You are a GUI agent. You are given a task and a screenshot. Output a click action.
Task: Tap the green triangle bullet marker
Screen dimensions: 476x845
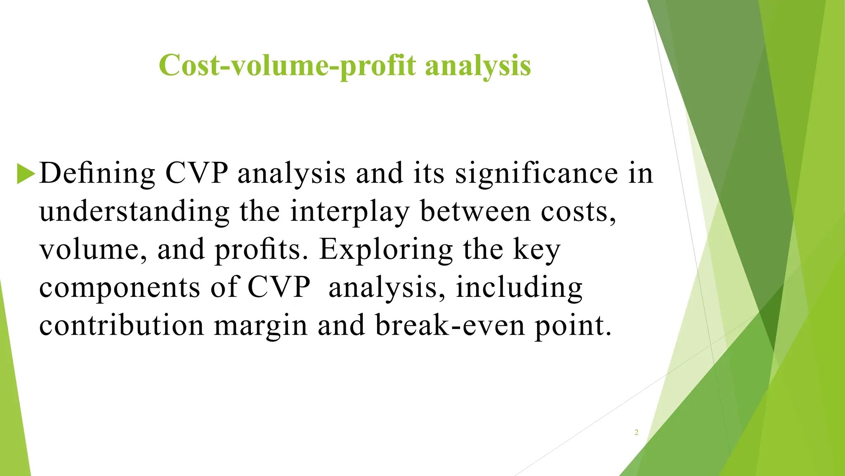[26, 174]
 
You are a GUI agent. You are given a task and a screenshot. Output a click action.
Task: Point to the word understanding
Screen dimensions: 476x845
[134, 212]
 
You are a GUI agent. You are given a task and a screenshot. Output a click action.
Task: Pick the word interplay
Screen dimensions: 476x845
[349, 212]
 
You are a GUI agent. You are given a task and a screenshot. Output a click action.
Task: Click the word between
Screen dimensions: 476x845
[475, 211]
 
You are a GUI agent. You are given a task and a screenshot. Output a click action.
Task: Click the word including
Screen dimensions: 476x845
[519, 288]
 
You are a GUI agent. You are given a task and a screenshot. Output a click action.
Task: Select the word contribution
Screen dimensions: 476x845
[122, 325]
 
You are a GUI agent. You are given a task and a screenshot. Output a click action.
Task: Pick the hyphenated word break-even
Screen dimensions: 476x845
[450, 325]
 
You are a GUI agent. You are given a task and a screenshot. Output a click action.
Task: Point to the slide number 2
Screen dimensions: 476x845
[636, 433]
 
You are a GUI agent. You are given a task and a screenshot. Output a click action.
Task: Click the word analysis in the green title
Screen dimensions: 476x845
[478, 66]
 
